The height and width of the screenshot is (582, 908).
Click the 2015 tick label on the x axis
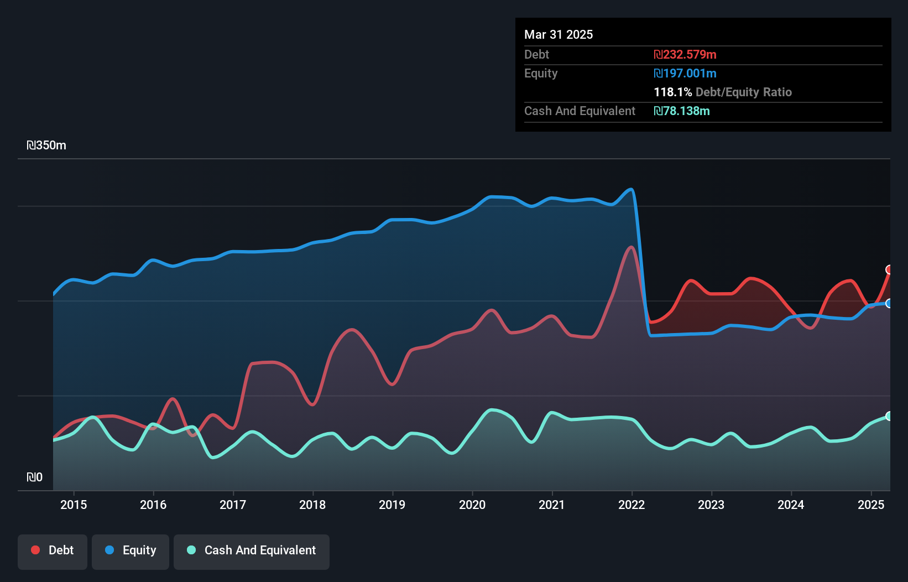(74, 505)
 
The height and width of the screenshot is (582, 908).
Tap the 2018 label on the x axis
(312, 505)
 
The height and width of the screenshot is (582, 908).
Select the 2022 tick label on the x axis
(632, 505)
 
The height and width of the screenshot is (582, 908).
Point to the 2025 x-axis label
(871, 505)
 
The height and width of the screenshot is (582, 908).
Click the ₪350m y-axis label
(46, 145)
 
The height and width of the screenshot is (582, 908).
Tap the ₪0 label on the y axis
(34, 477)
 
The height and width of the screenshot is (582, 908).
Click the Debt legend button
(53, 550)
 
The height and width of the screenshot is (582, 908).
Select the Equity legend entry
(131, 550)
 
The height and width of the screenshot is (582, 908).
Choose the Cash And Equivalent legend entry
(252, 550)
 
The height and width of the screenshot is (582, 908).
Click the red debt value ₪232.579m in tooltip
(685, 55)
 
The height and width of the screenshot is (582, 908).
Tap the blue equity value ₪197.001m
(685, 74)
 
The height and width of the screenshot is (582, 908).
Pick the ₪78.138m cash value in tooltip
(682, 111)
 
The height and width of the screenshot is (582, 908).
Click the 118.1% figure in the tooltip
(672, 92)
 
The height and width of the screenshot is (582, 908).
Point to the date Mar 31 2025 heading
(559, 35)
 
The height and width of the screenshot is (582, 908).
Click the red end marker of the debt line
(889, 270)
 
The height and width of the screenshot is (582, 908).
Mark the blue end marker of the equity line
(889, 303)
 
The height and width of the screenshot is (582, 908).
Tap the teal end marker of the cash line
(889, 416)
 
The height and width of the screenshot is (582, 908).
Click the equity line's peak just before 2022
(632, 190)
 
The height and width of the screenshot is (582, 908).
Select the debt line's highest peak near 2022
(631, 247)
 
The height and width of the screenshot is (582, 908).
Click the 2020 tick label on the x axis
(472, 505)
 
